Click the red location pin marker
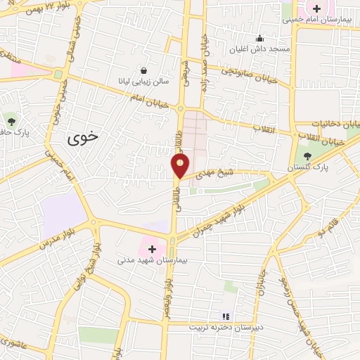click(180, 166)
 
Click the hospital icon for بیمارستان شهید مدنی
click(152, 248)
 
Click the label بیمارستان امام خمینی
click(317, 20)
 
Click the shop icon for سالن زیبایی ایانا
click(144, 70)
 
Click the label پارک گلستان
click(307, 169)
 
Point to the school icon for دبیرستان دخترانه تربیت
click(226, 316)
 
